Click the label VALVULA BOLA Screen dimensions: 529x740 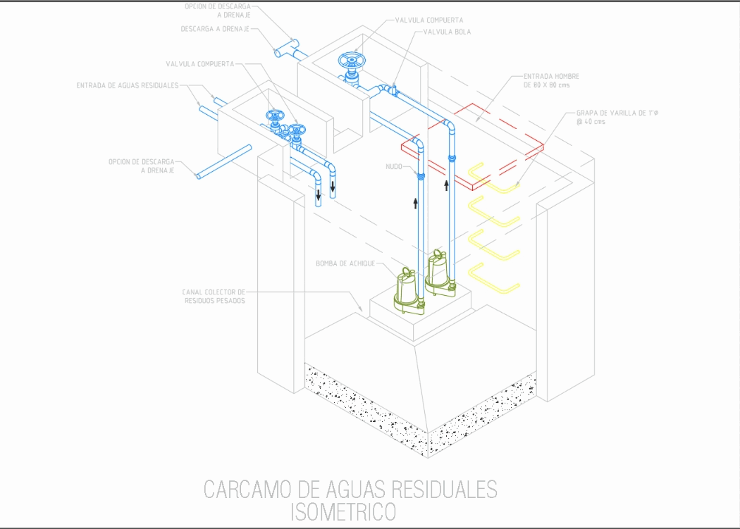pos(448,32)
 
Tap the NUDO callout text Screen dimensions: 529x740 pos(393,166)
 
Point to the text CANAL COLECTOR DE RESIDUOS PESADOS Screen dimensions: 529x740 pos(214,296)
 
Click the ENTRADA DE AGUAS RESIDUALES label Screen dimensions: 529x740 pos(127,86)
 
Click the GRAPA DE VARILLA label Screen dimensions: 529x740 pos(617,113)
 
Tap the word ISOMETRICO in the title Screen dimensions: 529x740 pos(344,513)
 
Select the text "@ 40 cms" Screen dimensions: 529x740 pos(591,122)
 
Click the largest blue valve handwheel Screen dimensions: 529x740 pos(350,61)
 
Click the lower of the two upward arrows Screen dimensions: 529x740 pos(415,204)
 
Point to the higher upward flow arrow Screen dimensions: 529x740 pos(446,185)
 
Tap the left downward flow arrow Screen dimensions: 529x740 pos(319,195)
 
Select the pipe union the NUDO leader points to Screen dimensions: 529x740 pos(421,175)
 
